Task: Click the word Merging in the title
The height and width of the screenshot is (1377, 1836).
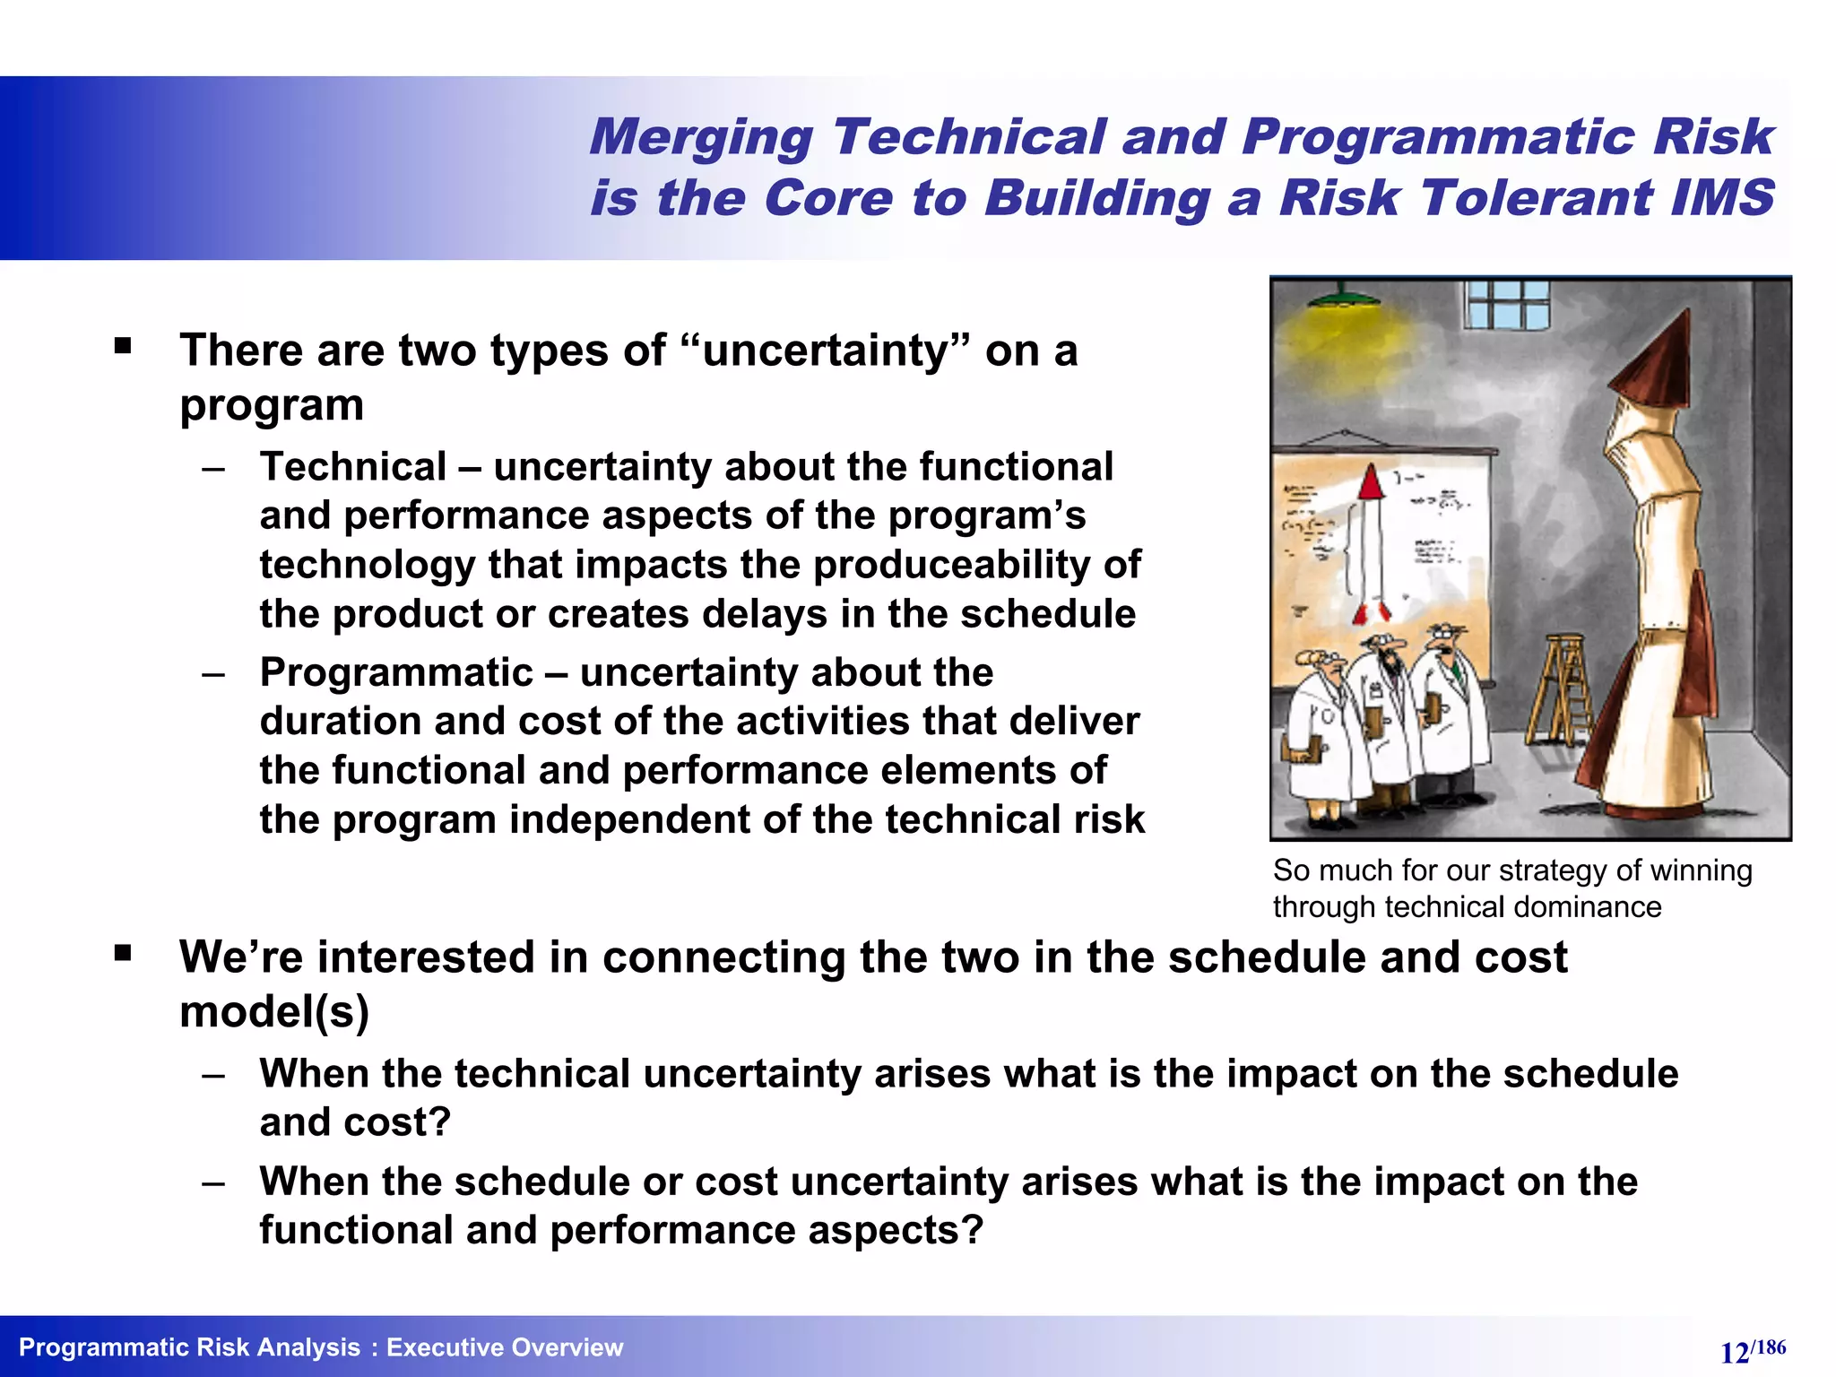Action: [700, 138]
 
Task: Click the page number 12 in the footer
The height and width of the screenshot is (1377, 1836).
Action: [1735, 1353]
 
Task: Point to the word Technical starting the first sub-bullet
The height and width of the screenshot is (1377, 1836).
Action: [353, 467]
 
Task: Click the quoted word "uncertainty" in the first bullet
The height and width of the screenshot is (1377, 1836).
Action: [825, 351]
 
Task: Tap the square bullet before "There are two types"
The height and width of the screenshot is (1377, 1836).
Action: [123, 346]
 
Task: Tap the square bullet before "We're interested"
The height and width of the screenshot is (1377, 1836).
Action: [123, 953]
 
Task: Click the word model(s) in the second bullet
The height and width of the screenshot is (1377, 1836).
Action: [274, 1012]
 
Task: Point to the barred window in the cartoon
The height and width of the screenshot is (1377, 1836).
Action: [1508, 303]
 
